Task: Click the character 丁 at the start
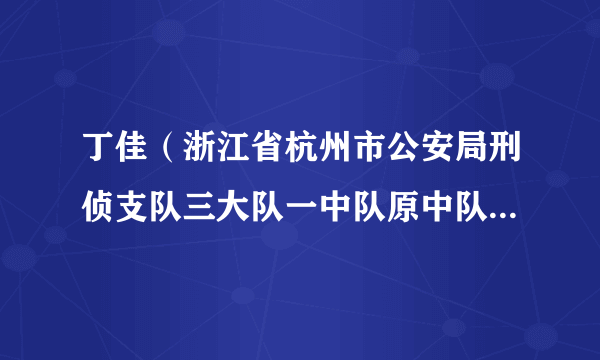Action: pos(99,158)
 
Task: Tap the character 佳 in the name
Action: pos(135,158)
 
